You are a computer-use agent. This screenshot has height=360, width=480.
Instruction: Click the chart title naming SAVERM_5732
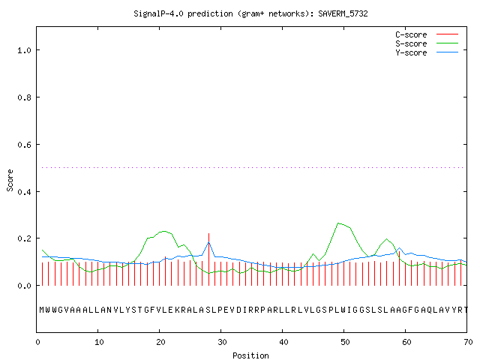click(x=250, y=13)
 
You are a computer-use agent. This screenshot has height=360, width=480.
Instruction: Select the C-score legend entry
click(x=427, y=34)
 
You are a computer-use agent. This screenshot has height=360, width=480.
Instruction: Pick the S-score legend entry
click(x=427, y=43)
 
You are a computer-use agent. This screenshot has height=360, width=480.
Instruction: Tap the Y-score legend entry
click(x=427, y=52)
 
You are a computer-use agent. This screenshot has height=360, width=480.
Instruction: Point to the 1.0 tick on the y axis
click(x=25, y=50)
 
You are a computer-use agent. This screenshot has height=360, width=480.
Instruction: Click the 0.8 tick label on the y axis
click(x=25, y=97)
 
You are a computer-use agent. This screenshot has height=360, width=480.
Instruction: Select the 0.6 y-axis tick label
click(x=25, y=145)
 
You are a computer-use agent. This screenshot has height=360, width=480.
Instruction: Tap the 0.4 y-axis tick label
click(x=25, y=192)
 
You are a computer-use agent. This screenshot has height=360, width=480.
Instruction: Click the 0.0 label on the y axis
click(x=25, y=286)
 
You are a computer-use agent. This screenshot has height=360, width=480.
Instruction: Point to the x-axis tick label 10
click(x=99, y=342)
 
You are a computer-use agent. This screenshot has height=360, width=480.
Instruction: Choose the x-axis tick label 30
click(x=222, y=342)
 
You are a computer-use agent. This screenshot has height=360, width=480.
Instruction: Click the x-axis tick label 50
click(x=345, y=342)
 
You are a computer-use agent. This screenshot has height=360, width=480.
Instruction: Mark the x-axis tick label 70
click(x=468, y=342)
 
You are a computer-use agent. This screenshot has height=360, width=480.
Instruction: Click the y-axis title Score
click(x=10, y=180)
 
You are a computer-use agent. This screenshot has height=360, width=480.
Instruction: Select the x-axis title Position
click(x=250, y=355)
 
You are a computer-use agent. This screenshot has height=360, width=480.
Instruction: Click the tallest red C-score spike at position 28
click(x=208, y=259)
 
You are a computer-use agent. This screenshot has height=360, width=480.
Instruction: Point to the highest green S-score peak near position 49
click(x=338, y=223)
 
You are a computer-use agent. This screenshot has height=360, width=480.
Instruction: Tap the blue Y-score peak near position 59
click(x=400, y=248)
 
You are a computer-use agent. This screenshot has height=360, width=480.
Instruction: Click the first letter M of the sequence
click(x=42, y=310)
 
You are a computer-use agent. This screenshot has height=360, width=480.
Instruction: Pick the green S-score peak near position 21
click(x=165, y=231)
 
